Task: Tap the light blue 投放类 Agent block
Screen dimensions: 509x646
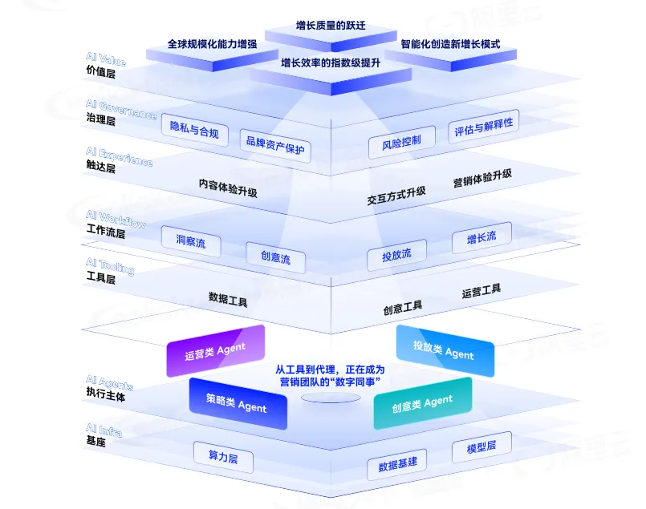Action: click(443, 349)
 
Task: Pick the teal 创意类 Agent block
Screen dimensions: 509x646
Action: click(422, 403)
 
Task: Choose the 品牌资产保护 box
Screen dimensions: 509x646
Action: click(275, 147)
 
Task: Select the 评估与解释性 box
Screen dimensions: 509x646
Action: click(483, 127)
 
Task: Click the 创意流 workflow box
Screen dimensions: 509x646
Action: click(275, 258)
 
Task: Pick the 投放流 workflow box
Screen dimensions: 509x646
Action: click(396, 255)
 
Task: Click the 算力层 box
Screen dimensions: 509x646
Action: click(223, 457)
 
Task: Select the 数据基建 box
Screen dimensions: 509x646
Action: click(397, 464)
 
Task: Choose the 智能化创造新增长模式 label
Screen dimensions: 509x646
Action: click(450, 44)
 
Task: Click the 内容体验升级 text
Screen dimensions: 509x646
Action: click(228, 188)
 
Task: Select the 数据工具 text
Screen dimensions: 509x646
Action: click(228, 300)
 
